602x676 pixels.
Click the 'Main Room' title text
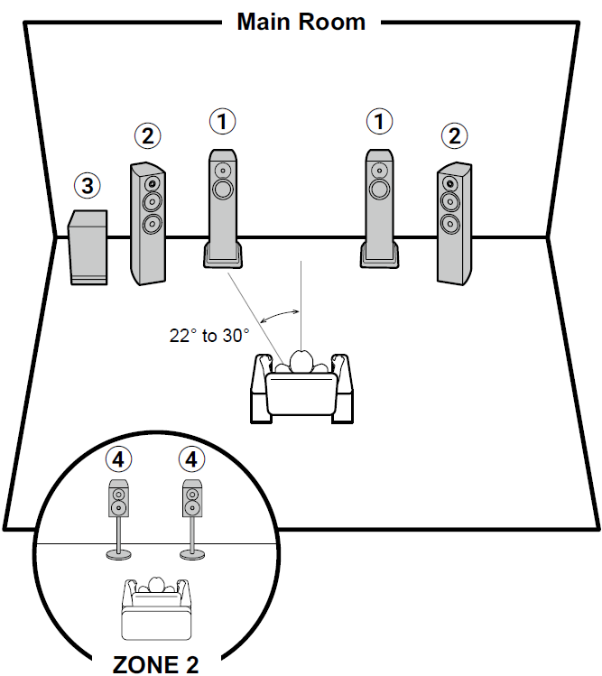[x=301, y=22]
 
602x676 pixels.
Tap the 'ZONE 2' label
[x=155, y=664]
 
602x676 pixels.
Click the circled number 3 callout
[x=87, y=187]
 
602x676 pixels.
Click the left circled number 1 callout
[x=222, y=120]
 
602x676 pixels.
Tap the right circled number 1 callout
[x=380, y=120]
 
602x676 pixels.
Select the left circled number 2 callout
[x=148, y=136]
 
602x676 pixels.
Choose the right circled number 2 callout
[x=455, y=136]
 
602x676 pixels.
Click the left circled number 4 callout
[x=117, y=459]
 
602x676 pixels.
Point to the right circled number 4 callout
[x=190, y=459]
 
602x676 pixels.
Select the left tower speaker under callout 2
[x=149, y=222]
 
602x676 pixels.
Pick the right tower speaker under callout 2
[x=453, y=222]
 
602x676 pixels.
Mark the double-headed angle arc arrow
[x=281, y=313]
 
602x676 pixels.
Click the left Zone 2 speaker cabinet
[x=117, y=499]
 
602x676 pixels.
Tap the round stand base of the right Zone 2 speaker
[x=190, y=554]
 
